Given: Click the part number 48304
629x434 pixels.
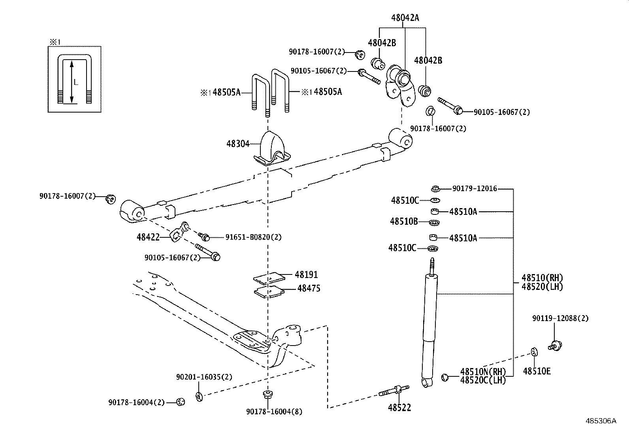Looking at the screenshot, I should pyautogui.click(x=238, y=144).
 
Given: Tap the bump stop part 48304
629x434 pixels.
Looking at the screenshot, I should pyautogui.click(x=272, y=150).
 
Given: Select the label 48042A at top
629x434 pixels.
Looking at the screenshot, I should pyautogui.click(x=405, y=17).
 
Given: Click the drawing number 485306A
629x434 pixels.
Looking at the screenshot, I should pyautogui.click(x=601, y=421).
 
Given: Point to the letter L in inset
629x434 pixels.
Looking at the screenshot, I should pyautogui.click(x=76, y=83).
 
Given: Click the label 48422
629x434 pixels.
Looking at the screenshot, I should pyautogui.click(x=148, y=237).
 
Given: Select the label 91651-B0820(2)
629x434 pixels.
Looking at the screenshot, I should pyautogui.click(x=253, y=237).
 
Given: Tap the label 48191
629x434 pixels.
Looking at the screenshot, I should pyautogui.click(x=306, y=274).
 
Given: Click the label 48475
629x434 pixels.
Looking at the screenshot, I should pyautogui.click(x=309, y=289).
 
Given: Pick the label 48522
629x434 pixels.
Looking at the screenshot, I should pyautogui.click(x=399, y=408).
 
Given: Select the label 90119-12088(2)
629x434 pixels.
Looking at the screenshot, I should pyautogui.click(x=560, y=318).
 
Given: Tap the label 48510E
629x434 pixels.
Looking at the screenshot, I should pyautogui.click(x=537, y=371).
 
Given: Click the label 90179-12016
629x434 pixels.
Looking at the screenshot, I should pyautogui.click(x=475, y=189).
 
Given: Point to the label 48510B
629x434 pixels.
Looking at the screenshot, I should pyautogui.click(x=404, y=222).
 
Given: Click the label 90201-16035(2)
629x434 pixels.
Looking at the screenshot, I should pyautogui.click(x=204, y=377).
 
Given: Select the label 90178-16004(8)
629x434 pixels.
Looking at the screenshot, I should pyautogui.click(x=274, y=412).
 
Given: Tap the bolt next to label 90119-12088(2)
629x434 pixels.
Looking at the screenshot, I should pyautogui.click(x=555, y=346).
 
